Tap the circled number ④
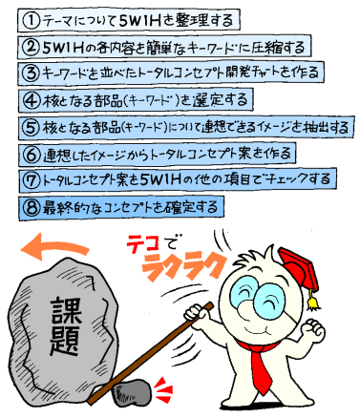(32, 98)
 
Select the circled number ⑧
(30, 206)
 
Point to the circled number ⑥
(31, 153)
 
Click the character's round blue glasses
(254, 295)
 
